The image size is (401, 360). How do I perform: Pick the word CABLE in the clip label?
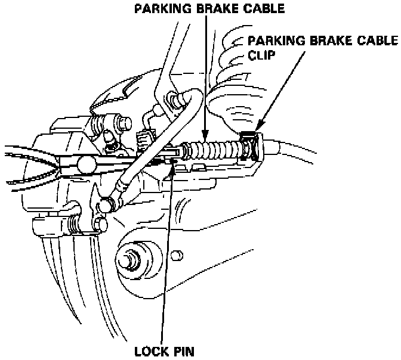375,41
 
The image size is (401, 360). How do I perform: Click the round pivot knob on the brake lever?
85,163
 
